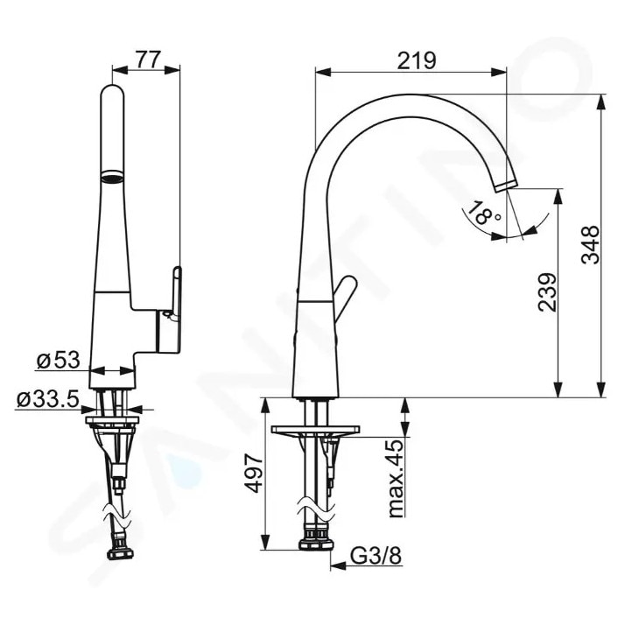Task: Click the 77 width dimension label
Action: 148,59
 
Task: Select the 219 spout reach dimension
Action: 417,60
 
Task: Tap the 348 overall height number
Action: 590,245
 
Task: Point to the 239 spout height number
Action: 546,292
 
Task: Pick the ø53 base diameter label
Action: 58,360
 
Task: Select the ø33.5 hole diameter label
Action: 48,399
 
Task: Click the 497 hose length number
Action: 254,474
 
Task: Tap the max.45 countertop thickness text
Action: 396,478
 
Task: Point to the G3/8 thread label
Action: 376,556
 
